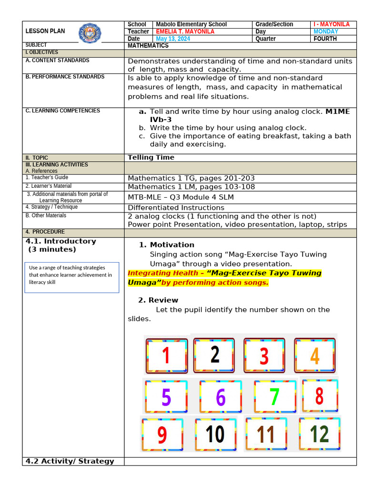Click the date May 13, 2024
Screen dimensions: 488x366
click(x=173, y=39)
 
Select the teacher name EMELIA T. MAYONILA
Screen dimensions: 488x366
click(x=185, y=31)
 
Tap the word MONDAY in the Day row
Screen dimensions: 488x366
click(x=325, y=31)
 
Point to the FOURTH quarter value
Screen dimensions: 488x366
click(x=325, y=39)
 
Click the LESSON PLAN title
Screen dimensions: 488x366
click(x=45, y=31)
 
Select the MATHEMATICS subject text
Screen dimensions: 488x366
click(x=148, y=46)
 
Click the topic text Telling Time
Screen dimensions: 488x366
click(x=151, y=157)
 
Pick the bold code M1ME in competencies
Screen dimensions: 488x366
click(x=337, y=112)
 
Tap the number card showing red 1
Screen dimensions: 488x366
click(x=166, y=356)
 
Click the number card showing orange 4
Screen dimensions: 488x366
click(x=315, y=356)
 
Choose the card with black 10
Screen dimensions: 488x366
click(x=215, y=434)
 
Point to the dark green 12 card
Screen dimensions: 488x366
click(x=319, y=434)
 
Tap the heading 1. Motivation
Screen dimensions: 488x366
click(x=166, y=245)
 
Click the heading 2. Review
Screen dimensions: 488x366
click(x=158, y=300)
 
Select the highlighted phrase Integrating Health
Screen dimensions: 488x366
click(x=163, y=273)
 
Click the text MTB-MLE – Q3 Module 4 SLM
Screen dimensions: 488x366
click(x=181, y=197)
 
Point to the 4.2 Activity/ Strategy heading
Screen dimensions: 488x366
click(x=70, y=461)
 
